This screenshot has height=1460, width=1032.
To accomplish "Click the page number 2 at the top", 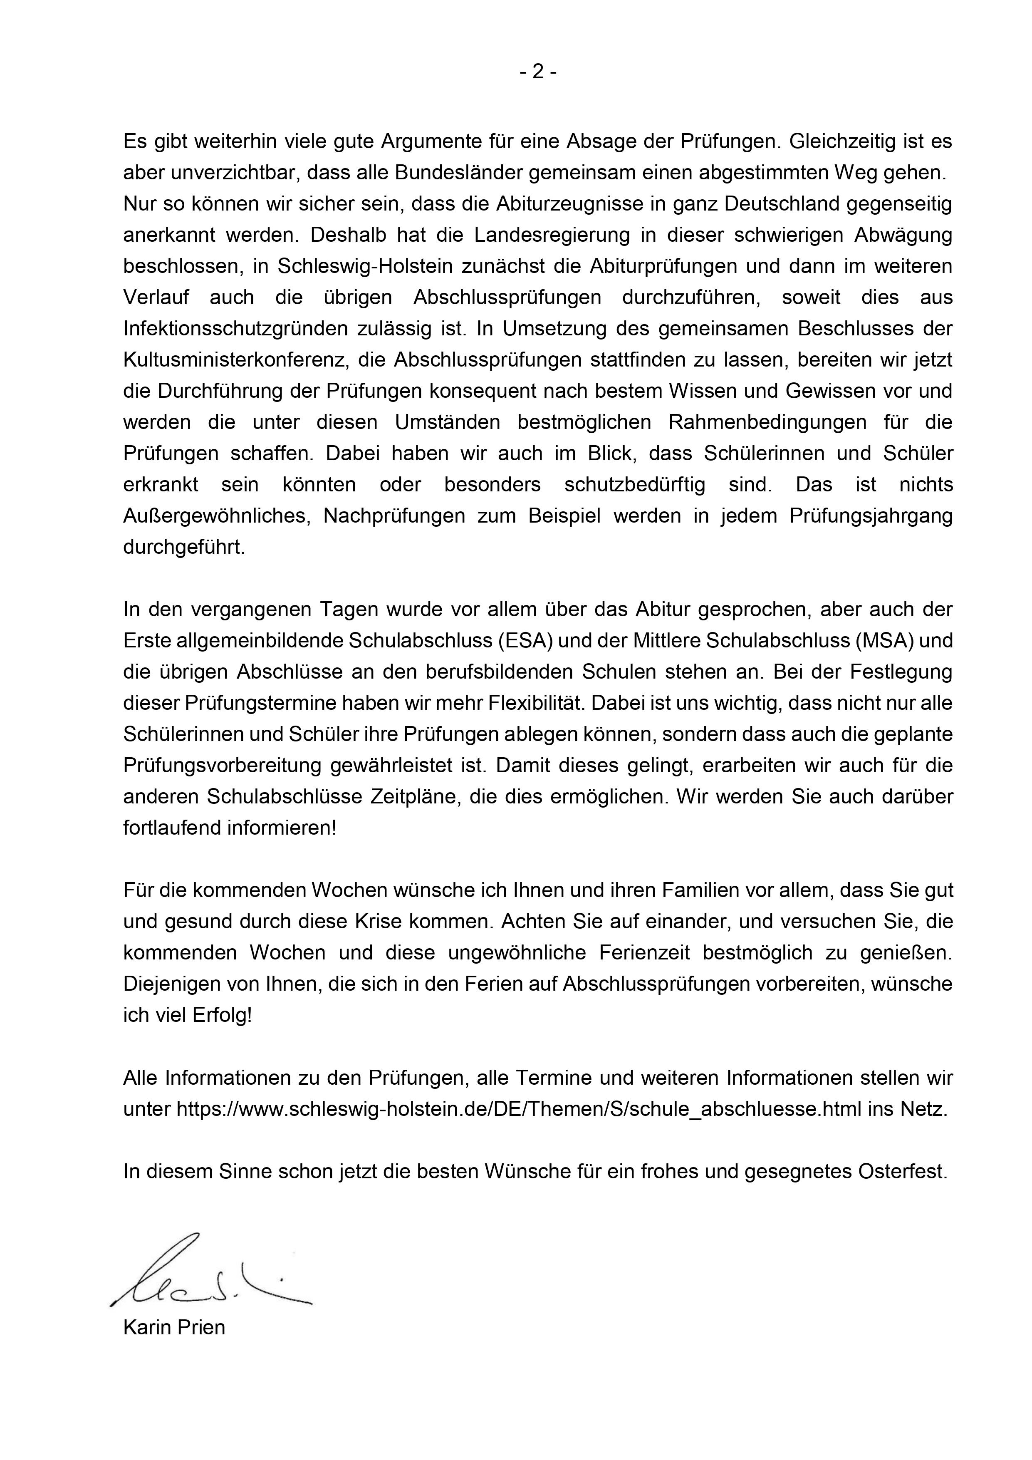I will (x=538, y=72).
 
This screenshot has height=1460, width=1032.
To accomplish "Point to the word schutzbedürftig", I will (x=635, y=485).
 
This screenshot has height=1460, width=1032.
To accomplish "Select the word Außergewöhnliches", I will (x=217, y=516).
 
